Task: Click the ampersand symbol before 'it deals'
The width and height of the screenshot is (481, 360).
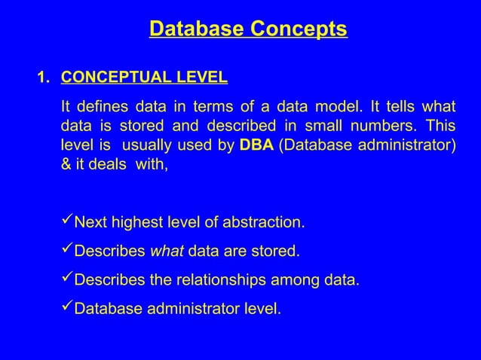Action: (66, 165)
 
